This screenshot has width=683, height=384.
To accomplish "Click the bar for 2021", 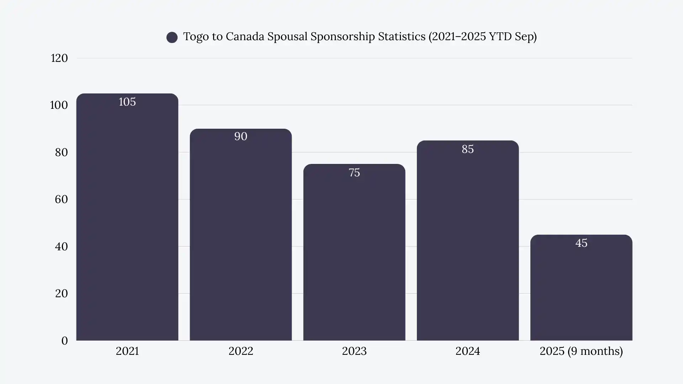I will tap(127, 220).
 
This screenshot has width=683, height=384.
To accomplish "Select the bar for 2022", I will tap(240, 238).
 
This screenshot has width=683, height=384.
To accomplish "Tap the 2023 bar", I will tap(354, 256).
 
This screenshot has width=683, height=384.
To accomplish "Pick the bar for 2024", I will tap(467, 245).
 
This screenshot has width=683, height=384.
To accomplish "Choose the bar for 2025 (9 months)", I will tap(581, 292).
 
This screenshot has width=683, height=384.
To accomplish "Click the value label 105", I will tap(127, 102).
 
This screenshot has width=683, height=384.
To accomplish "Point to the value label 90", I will tap(240, 137).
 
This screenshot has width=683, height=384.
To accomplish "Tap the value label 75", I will tap(354, 173).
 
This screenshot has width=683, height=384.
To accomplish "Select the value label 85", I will tap(467, 149).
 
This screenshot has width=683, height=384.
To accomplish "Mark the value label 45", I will tap(581, 243).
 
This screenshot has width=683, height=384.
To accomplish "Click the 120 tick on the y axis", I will tap(59, 58).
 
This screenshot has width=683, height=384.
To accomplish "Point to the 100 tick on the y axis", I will tap(59, 105).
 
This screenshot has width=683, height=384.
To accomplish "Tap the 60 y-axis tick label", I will tap(61, 199).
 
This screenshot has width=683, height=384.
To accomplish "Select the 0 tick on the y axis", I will tap(64, 341).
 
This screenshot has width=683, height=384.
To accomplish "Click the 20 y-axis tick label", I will tap(61, 294).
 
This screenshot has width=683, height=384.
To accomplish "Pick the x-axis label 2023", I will tap(354, 351).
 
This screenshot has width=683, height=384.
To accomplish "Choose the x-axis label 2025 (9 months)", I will tap(581, 351).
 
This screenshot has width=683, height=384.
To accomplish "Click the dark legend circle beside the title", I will tap(172, 37).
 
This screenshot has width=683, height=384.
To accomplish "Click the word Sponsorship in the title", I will tap(343, 37).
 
